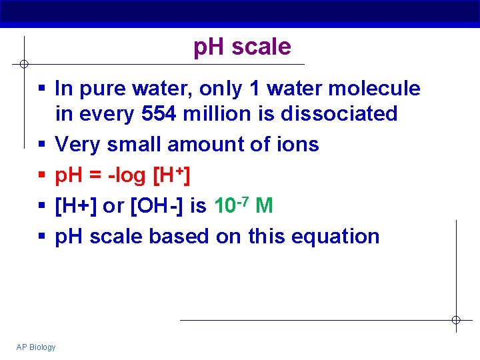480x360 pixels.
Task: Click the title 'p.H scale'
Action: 242,47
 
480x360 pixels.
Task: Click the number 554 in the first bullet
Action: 159,114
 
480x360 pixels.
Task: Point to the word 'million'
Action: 215,114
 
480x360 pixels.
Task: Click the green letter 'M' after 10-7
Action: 264,206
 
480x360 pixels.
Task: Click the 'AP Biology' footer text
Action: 37,347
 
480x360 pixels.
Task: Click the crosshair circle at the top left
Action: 23,64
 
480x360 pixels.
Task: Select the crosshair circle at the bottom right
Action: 456,320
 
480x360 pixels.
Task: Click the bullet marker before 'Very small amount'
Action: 41,145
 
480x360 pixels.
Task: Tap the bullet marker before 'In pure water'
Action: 41,89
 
